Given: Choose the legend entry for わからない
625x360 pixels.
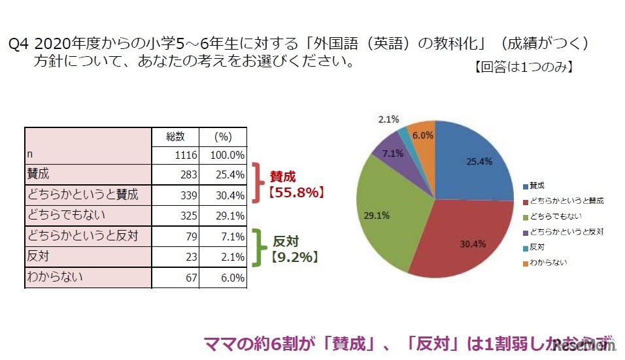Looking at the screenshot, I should point(547,263).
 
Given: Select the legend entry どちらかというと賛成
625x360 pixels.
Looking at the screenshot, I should point(566,201).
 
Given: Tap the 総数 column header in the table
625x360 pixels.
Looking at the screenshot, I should point(175,137).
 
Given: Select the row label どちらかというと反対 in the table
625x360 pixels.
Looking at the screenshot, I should point(87,235).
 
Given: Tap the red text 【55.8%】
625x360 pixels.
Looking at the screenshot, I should point(294,193).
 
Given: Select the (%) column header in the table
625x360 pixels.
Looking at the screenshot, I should point(224,137).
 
